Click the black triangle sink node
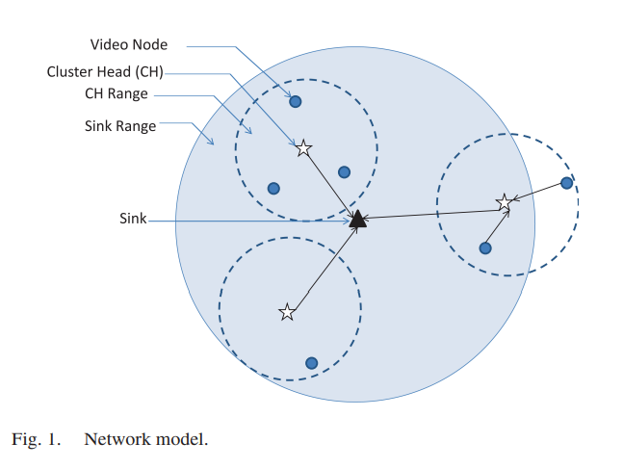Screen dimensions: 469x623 point(357,220)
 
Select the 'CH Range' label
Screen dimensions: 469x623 point(117,95)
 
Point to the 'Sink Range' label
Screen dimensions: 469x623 point(119,125)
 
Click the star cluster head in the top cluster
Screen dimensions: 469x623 point(303,147)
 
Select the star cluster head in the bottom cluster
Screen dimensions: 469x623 point(287,312)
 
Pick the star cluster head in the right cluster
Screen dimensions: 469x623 point(504,202)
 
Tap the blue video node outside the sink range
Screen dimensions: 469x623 point(566,183)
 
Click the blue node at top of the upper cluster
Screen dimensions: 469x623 point(296,101)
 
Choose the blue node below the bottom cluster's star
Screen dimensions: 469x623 point(311,363)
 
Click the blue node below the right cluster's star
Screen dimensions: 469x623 point(485,248)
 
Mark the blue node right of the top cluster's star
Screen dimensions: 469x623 point(344,172)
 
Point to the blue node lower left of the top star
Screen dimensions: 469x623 point(273,188)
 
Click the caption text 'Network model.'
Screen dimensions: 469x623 point(145,439)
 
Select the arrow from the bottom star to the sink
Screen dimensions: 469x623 point(323,268)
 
